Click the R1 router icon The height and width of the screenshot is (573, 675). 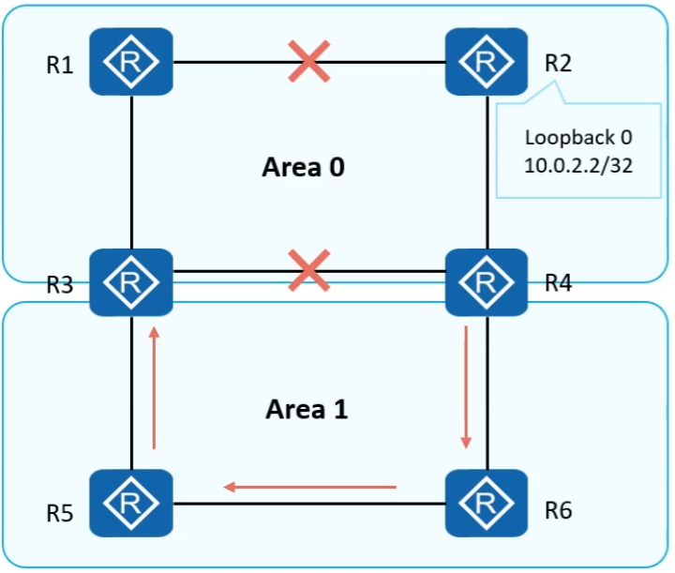click(132, 62)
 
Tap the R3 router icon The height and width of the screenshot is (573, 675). click(132, 281)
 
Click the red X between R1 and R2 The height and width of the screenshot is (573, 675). click(309, 63)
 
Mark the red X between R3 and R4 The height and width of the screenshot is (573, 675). click(309, 273)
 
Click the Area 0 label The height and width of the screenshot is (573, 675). click(304, 169)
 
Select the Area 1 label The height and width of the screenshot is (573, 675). click(307, 410)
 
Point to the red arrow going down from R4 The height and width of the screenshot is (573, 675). click(466, 386)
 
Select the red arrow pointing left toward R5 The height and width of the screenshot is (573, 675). click(309, 487)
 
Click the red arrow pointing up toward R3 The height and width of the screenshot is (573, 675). click(152, 386)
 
